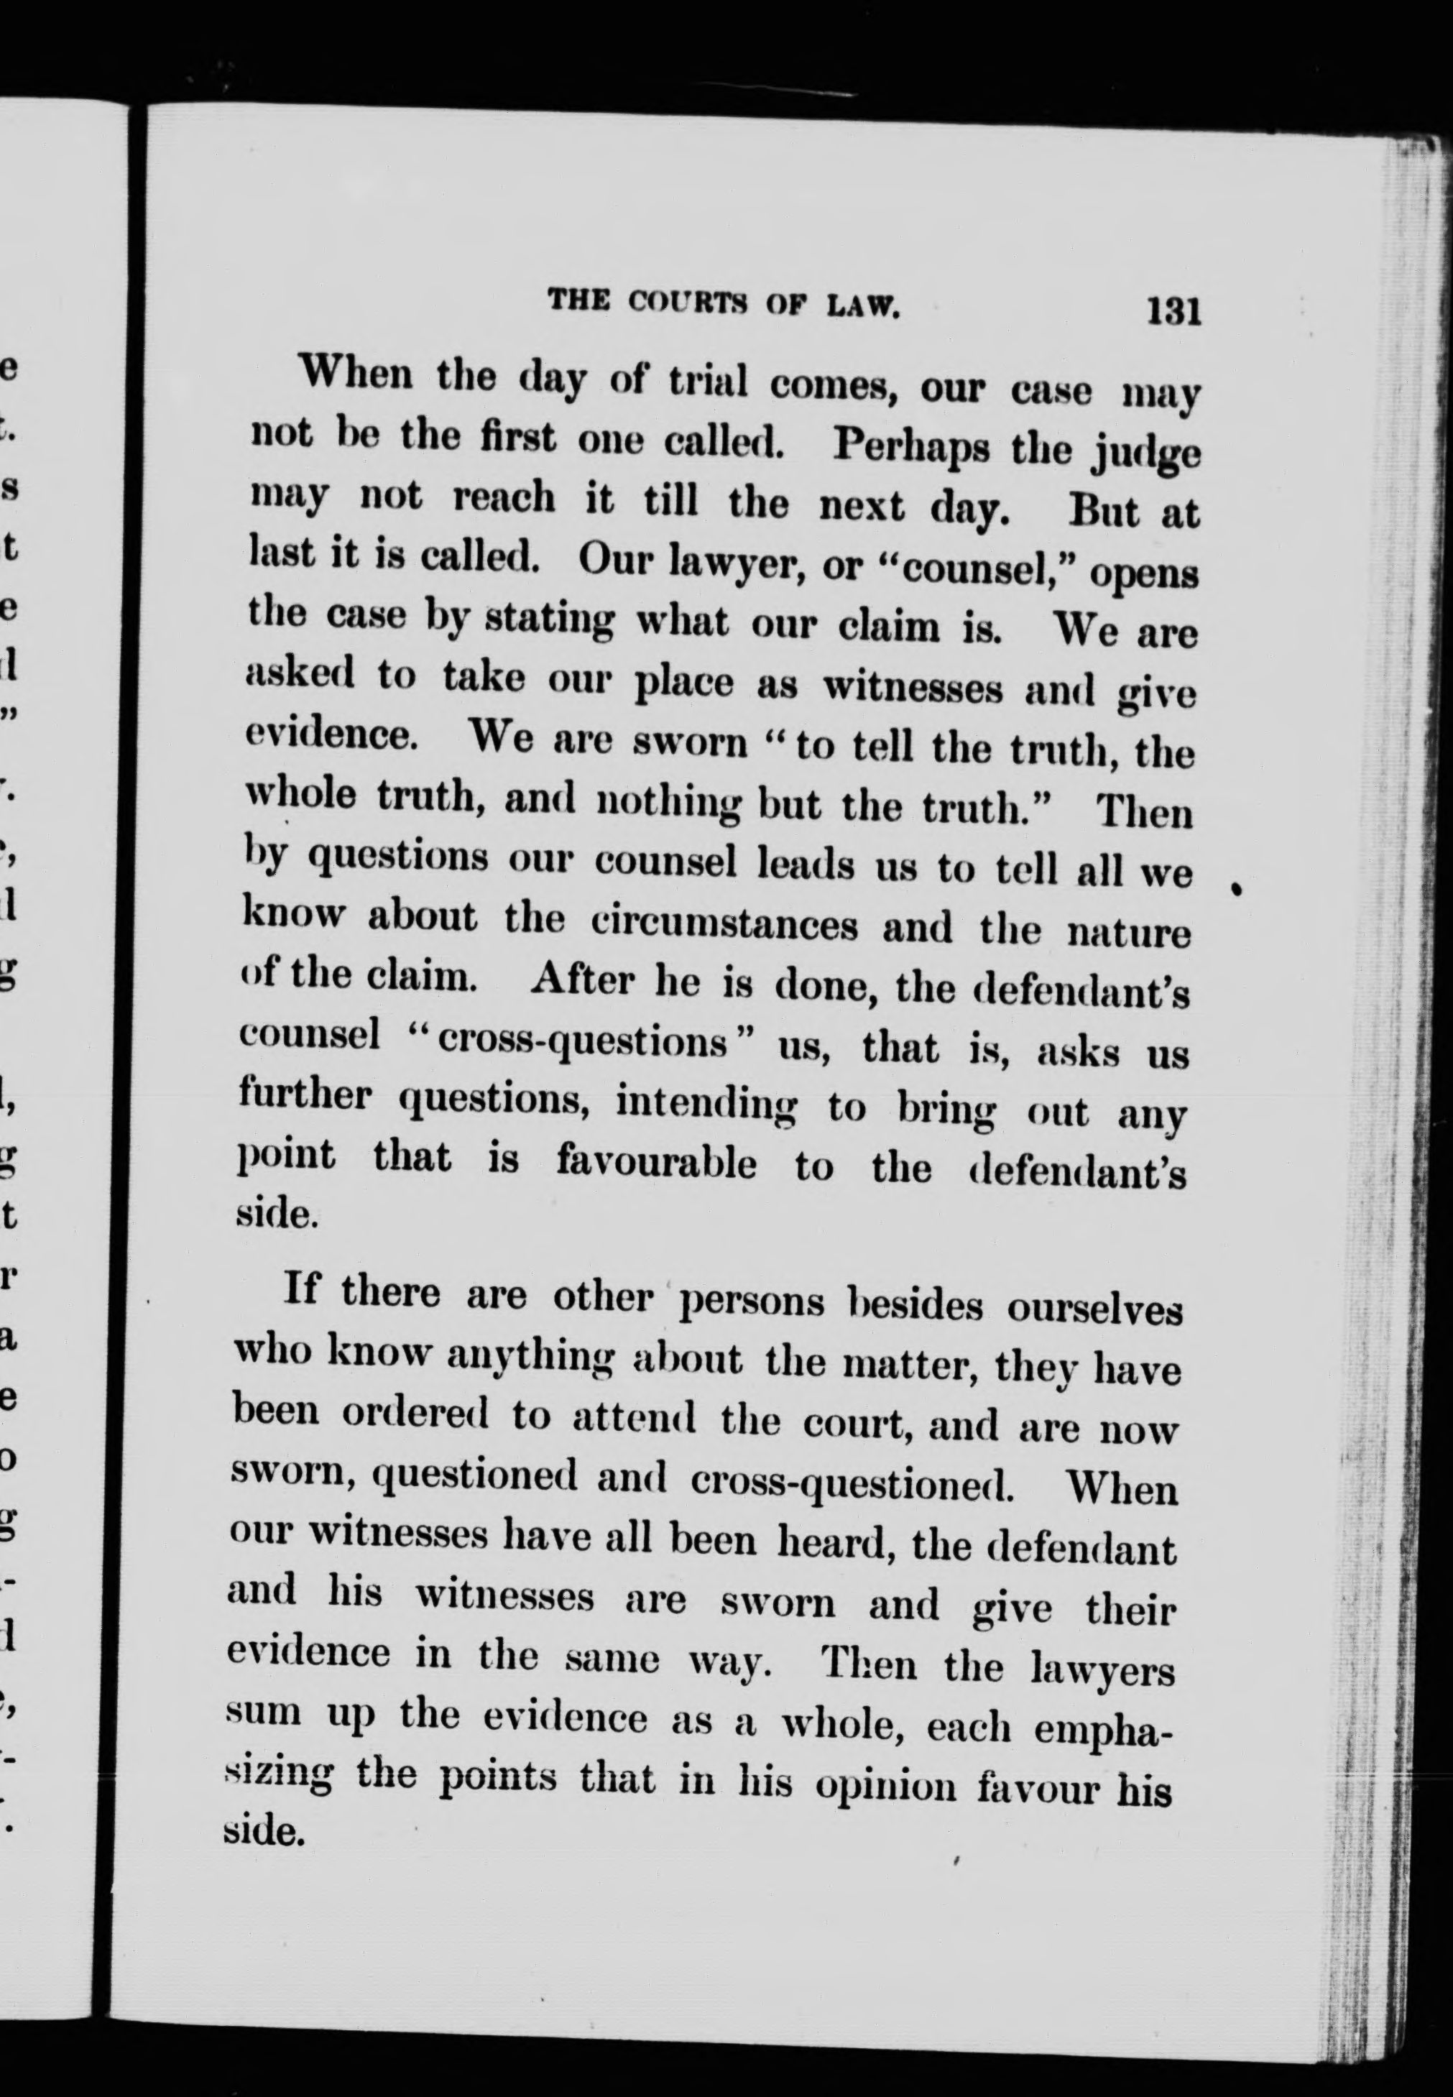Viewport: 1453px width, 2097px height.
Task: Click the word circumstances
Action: point(724,924)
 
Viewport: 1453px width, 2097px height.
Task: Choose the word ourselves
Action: point(1094,1309)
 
